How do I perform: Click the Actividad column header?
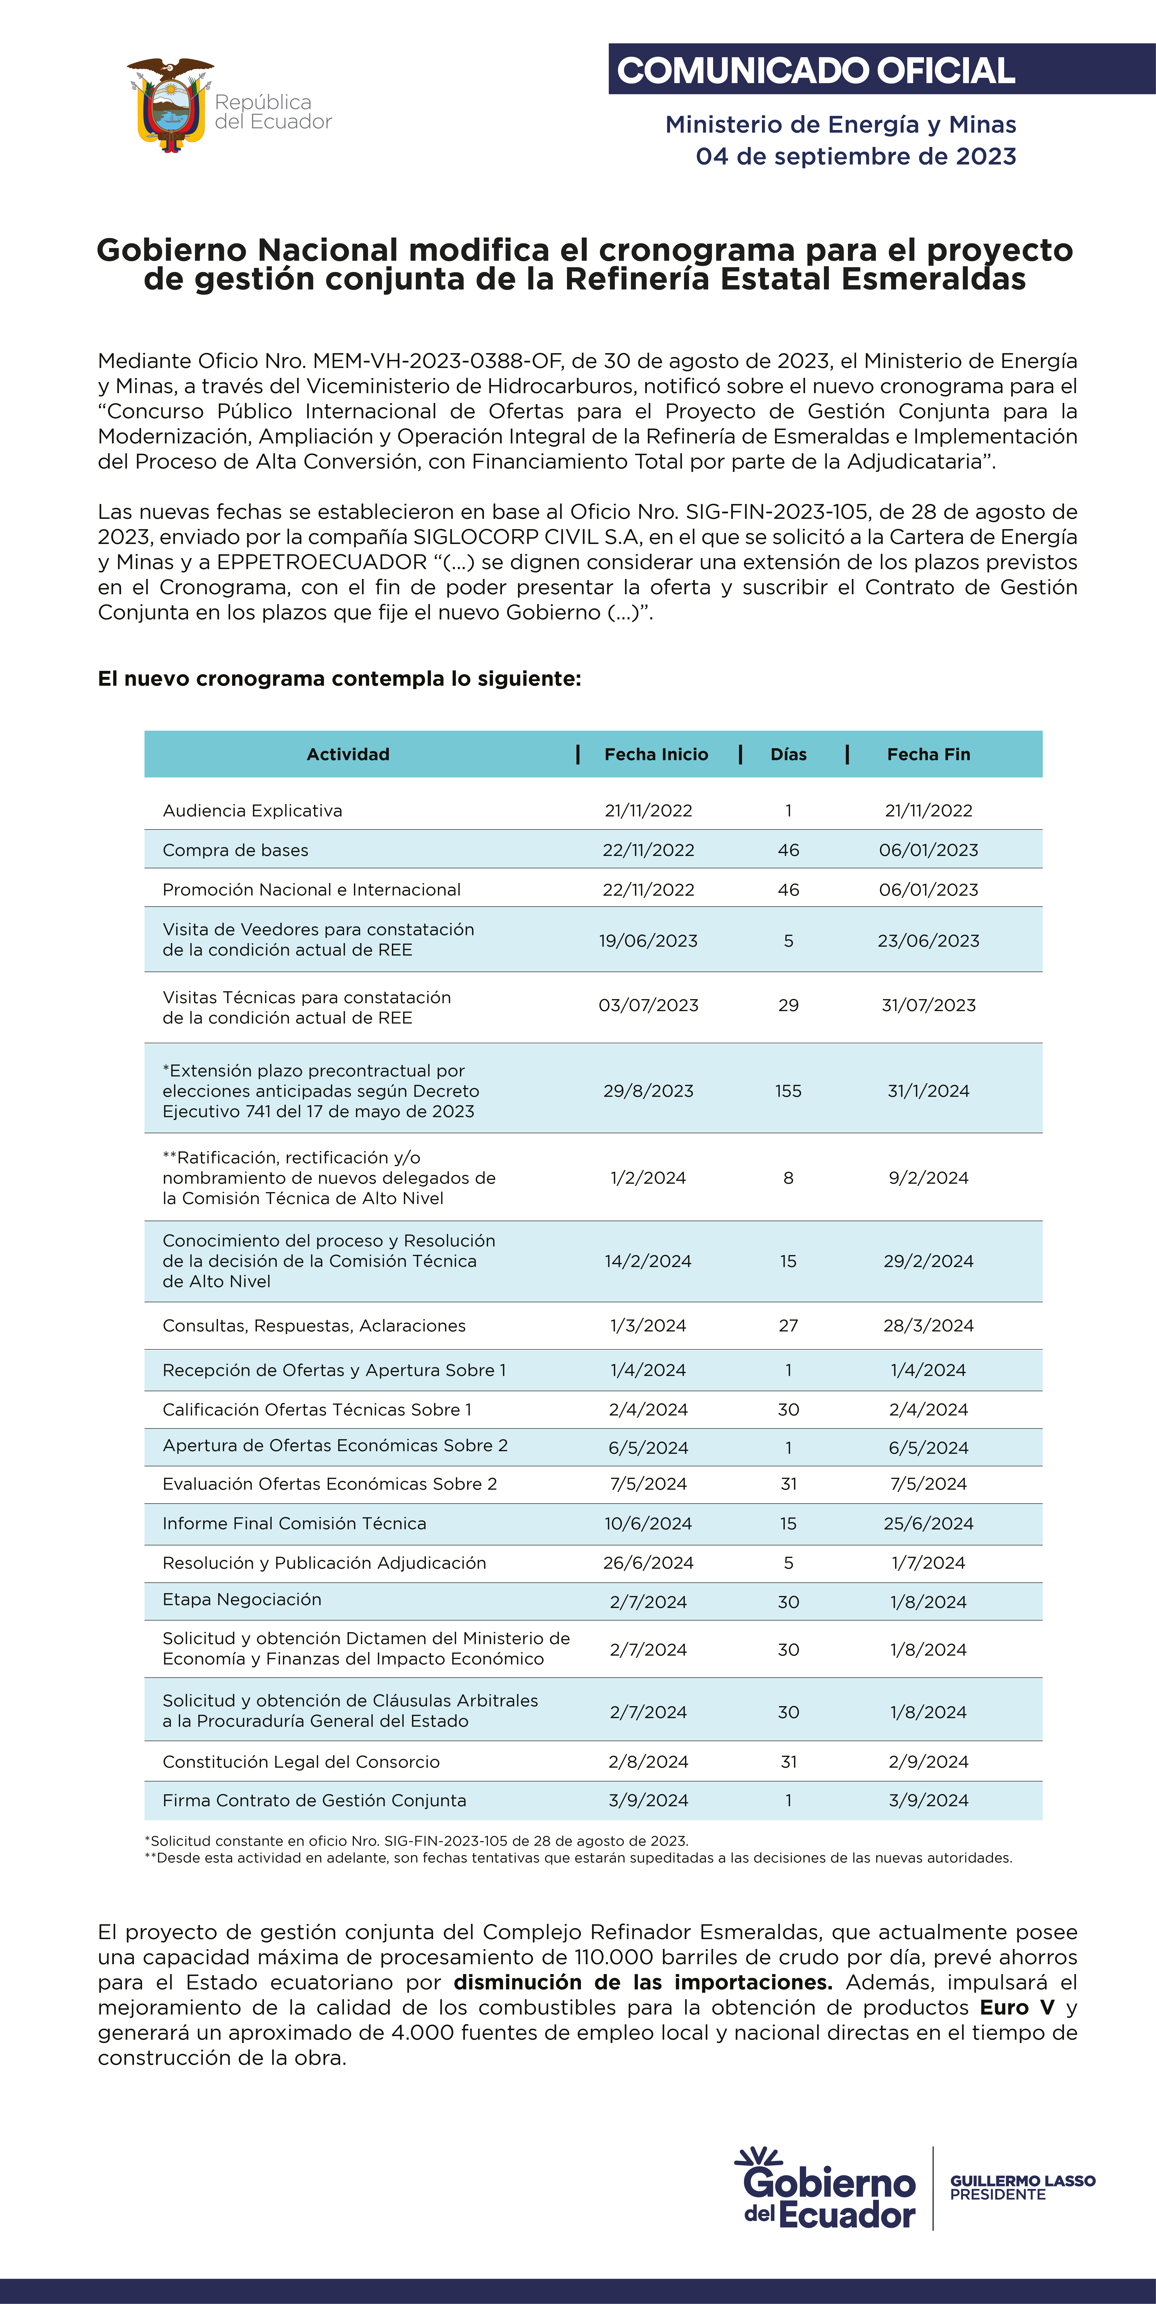(x=348, y=754)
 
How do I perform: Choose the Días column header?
(x=788, y=754)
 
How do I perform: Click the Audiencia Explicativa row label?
(x=252, y=810)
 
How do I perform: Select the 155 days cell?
(x=788, y=1090)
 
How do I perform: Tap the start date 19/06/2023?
(x=648, y=940)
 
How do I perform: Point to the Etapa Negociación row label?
(x=242, y=1599)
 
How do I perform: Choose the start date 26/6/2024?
(x=648, y=1562)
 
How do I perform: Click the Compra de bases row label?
(x=235, y=850)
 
